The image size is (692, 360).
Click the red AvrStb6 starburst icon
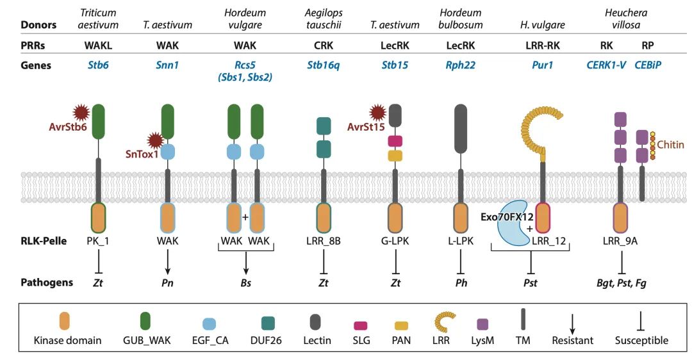(x=80, y=113)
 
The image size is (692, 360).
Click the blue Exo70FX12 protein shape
(x=512, y=221)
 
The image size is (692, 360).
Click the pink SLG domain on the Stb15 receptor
(x=395, y=140)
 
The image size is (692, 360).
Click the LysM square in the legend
(x=483, y=323)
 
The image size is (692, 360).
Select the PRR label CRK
(x=323, y=45)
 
